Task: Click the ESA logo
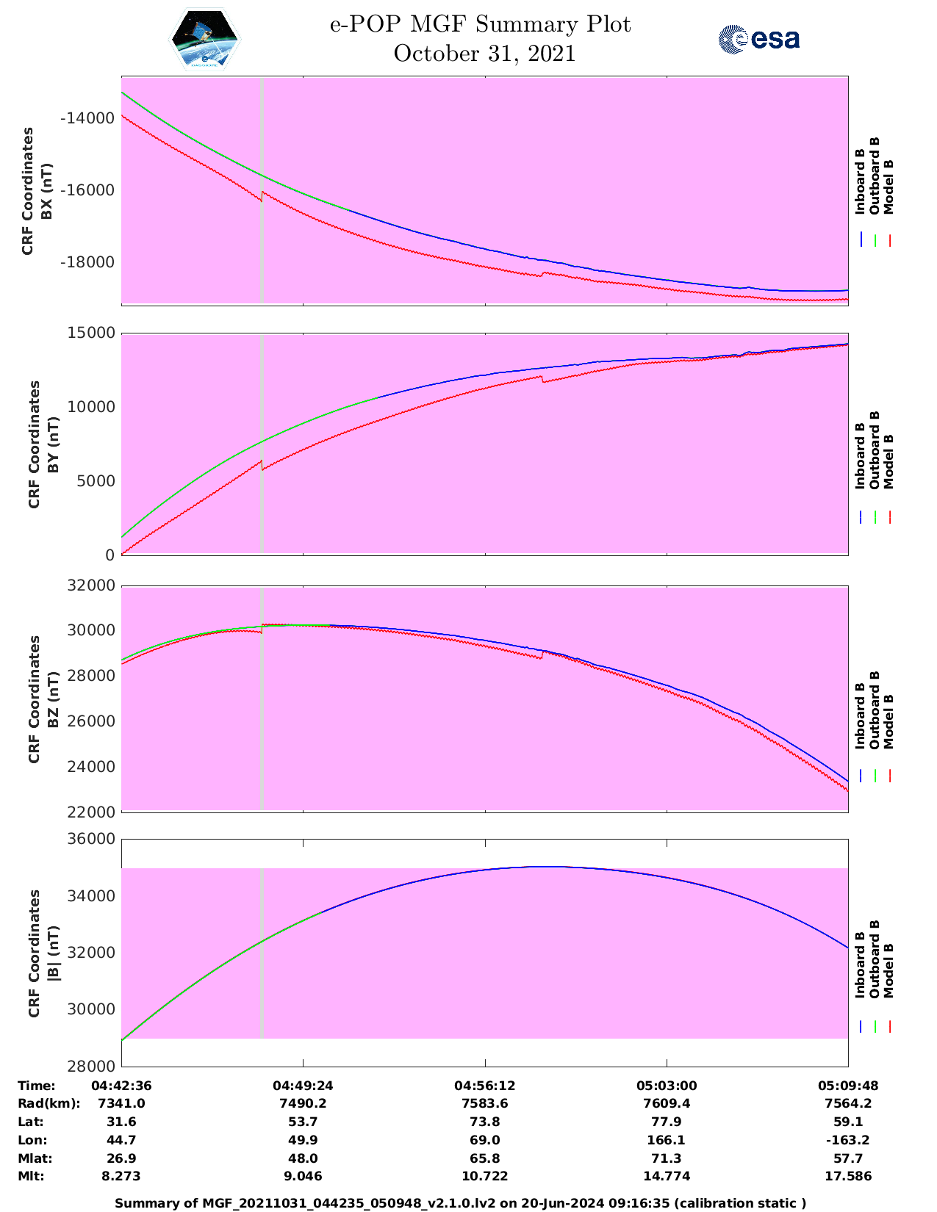pyautogui.click(x=758, y=39)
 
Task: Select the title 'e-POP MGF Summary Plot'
pyautogui.click(x=480, y=25)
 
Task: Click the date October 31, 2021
pyautogui.click(x=484, y=54)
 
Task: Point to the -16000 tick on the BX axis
pyautogui.click(x=87, y=190)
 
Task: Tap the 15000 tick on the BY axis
pyautogui.click(x=92, y=333)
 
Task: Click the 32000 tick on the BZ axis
pyautogui.click(x=91, y=585)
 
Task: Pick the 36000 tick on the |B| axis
pyautogui.click(x=91, y=839)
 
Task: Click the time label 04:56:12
pyautogui.click(x=484, y=1086)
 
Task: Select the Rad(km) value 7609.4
pyautogui.click(x=666, y=1103)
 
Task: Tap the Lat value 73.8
pyautogui.click(x=484, y=1122)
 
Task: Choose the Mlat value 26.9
pyautogui.click(x=121, y=1158)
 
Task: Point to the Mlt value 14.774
pyautogui.click(x=666, y=1176)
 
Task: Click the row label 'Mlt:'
pyautogui.click(x=31, y=1176)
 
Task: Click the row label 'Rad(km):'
pyautogui.click(x=49, y=1103)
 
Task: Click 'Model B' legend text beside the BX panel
pyautogui.click(x=888, y=187)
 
